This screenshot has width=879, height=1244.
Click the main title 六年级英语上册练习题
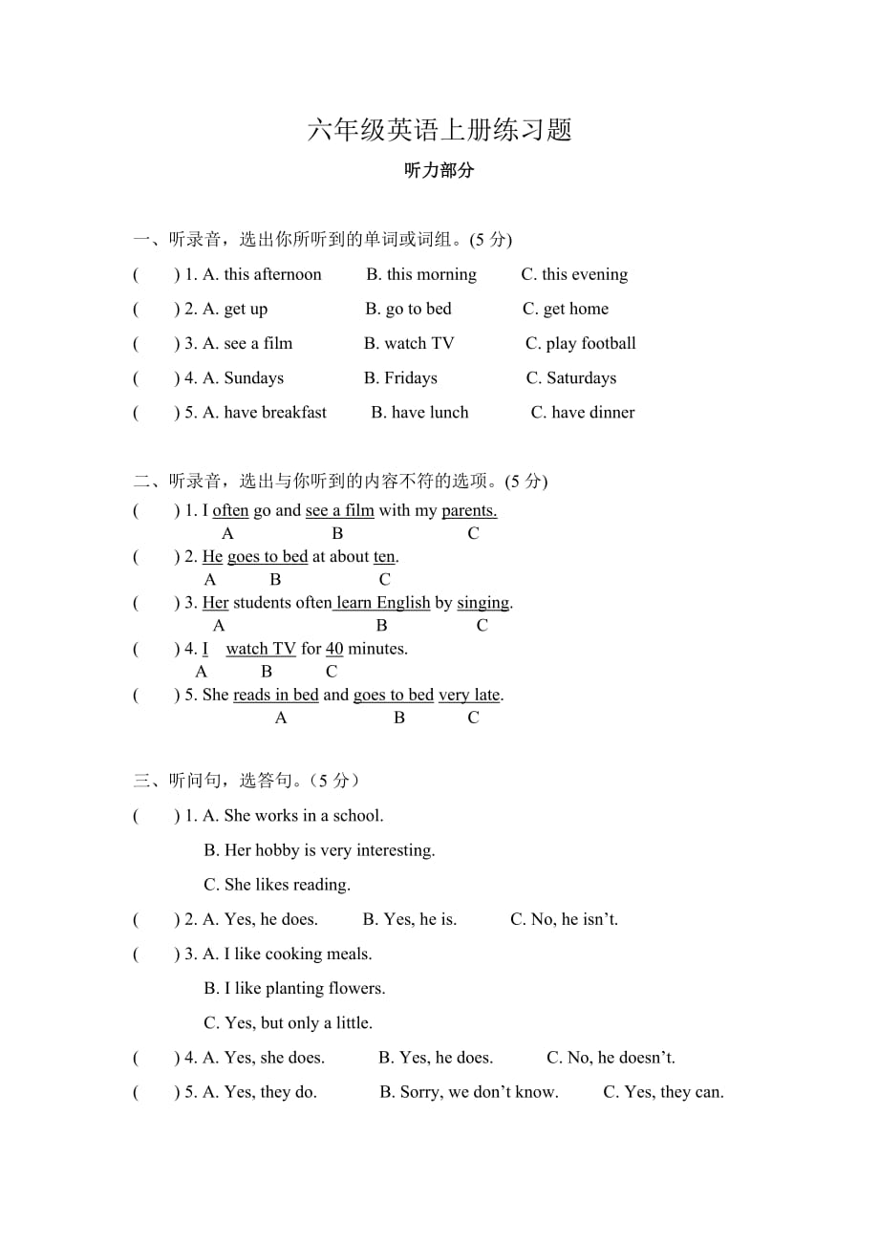439,130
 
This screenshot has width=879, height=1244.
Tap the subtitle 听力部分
439,171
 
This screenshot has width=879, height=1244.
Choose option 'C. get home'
565,310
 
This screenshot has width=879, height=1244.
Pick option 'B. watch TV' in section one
409,344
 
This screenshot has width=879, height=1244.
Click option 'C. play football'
580,344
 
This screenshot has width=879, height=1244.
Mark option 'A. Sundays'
243,378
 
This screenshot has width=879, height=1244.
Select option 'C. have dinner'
583,413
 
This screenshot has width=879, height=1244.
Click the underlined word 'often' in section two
230,511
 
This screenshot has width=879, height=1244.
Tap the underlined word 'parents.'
469,511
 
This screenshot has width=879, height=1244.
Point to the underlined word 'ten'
384,557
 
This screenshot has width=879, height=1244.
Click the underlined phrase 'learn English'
382,603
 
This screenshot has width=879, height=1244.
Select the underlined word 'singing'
483,603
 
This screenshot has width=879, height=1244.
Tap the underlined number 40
334,649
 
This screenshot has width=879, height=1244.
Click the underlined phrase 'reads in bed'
275,695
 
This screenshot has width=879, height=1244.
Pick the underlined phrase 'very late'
469,695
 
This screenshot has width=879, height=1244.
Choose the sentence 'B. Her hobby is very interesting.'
319,850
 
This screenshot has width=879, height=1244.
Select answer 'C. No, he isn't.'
564,919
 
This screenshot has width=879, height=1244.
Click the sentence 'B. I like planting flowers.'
294,988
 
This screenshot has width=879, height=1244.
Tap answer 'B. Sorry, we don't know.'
469,1092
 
